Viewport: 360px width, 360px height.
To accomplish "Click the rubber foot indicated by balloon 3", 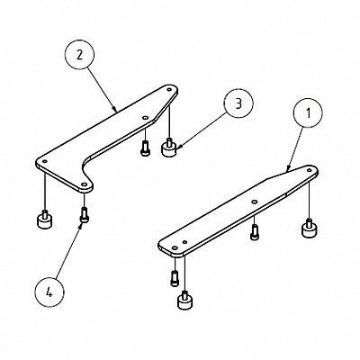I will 167,147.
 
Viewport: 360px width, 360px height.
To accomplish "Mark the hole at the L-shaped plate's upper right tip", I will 171,90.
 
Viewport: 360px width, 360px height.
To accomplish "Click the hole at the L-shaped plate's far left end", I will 40,162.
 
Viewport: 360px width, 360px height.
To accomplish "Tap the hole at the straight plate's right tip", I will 309,171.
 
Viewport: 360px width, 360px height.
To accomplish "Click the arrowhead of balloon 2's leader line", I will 118,111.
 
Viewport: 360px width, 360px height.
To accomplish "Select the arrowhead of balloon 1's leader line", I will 286,169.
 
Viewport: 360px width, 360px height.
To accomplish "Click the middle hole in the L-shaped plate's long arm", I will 144,117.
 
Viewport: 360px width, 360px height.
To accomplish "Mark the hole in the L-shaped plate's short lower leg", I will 84,182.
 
